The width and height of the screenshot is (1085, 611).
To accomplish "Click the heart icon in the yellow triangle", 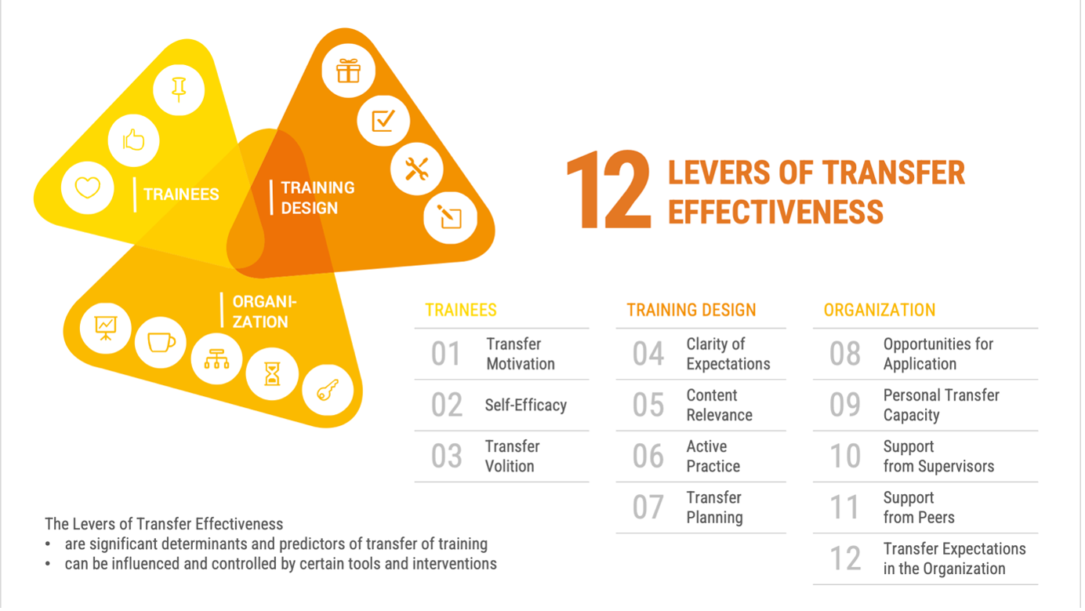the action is click(88, 188).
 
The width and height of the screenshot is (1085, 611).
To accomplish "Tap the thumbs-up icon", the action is click(134, 140).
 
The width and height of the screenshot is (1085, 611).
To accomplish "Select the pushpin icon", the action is click(179, 89).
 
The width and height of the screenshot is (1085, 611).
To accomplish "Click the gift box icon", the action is click(348, 71).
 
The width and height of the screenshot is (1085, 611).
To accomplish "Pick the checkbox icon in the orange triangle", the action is click(383, 121).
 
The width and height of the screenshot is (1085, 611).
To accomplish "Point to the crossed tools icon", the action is click(416, 169).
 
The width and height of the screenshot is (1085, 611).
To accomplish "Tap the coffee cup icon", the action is click(161, 343).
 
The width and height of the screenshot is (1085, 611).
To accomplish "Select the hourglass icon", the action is click(272, 374).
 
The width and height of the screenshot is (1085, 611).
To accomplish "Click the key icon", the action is click(328, 390).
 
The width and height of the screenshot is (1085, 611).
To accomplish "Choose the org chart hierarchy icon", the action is click(216, 359).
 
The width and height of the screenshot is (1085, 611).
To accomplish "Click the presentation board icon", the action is click(106, 328).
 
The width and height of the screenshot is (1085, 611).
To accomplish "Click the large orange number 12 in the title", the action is click(608, 190).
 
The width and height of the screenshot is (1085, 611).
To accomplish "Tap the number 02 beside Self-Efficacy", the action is click(447, 405).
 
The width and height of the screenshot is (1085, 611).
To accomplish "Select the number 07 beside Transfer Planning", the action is click(648, 507).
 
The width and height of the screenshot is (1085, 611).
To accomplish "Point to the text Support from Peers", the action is click(919, 507).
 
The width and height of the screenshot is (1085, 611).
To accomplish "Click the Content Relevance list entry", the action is click(720, 405).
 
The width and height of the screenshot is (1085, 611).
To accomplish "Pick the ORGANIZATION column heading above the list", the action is click(880, 310).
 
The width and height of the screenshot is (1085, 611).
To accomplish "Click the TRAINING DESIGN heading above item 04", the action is click(691, 310).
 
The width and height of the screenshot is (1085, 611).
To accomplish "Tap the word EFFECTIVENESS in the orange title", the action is click(776, 213).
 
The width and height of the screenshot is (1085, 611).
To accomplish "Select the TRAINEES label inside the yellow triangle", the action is click(181, 195).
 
